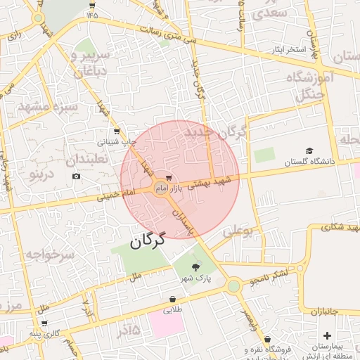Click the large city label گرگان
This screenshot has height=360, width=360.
tap(147, 240)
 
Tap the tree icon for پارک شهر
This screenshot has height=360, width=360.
tap(195, 266)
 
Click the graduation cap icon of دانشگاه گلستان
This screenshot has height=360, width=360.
tap(309, 150)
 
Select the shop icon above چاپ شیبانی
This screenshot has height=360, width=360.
tap(116, 131)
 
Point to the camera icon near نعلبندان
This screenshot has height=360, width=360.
tap(76, 175)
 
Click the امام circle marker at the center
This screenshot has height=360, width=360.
tap(161, 190)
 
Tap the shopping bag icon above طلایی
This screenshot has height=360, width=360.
tap(173, 299)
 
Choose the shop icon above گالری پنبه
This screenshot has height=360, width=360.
tap(46, 323)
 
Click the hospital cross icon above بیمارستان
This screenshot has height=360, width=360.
tap(327, 336)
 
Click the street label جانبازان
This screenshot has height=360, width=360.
tap(324, 310)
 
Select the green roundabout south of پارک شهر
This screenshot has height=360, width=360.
tap(233, 285)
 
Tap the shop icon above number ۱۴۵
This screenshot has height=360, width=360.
tap(92, 4)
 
